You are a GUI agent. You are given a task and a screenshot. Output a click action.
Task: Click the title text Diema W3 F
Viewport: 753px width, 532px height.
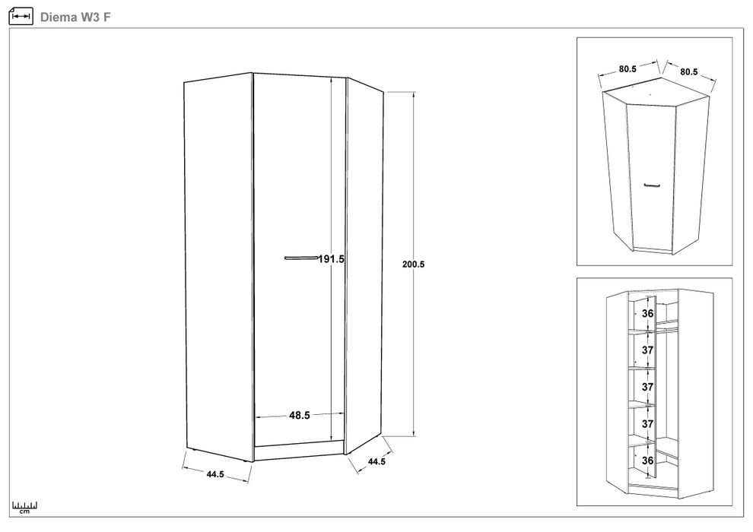[x=75, y=17]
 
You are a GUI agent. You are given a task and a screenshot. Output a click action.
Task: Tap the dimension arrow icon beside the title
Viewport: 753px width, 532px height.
[x=21, y=16]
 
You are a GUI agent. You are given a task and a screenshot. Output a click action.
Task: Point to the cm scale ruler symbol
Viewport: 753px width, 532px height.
[x=24, y=508]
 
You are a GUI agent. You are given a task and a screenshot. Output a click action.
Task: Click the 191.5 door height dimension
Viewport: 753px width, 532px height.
[x=332, y=259]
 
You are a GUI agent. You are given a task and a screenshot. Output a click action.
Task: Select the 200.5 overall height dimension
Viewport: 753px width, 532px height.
[x=414, y=264]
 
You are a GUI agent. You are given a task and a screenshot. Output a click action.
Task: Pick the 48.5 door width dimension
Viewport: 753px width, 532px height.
[x=299, y=416]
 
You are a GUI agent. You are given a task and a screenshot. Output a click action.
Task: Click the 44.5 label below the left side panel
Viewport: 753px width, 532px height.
[x=215, y=474]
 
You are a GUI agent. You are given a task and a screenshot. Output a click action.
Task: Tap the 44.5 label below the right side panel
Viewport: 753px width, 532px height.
[x=376, y=461]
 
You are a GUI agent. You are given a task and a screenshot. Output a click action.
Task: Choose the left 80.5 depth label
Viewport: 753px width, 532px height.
[x=627, y=69]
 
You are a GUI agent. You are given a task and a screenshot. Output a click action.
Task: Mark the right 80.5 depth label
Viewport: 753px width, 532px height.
[x=688, y=71]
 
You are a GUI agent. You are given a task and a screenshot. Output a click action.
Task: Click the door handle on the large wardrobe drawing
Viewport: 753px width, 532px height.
[x=301, y=258]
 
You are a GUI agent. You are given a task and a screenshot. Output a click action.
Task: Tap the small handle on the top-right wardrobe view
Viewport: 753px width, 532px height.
[x=652, y=185]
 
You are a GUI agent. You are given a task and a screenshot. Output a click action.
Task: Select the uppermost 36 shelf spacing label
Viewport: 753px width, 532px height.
[x=648, y=313]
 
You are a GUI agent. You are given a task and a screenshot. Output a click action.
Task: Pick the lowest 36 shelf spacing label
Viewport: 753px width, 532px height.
[x=648, y=461]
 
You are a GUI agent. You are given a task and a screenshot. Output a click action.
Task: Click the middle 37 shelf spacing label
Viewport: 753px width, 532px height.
[x=648, y=387]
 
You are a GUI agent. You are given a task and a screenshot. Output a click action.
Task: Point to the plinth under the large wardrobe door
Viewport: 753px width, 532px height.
[x=299, y=451]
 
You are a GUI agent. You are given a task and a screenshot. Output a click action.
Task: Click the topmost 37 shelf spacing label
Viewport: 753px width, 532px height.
[x=648, y=350]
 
